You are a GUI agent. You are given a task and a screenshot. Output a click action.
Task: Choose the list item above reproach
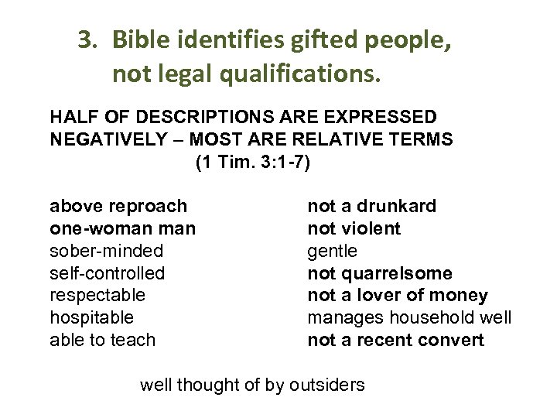118,206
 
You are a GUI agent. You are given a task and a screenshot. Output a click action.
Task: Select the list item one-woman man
122,228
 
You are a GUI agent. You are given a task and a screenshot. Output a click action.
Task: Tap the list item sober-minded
106,251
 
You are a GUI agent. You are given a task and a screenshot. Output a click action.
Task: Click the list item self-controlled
107,273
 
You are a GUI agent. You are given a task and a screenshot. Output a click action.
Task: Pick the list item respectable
97,295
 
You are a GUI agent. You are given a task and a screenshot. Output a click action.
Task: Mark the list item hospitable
91,317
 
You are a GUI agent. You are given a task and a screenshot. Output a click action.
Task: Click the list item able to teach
102,340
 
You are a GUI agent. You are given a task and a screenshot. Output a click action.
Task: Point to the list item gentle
333,251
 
